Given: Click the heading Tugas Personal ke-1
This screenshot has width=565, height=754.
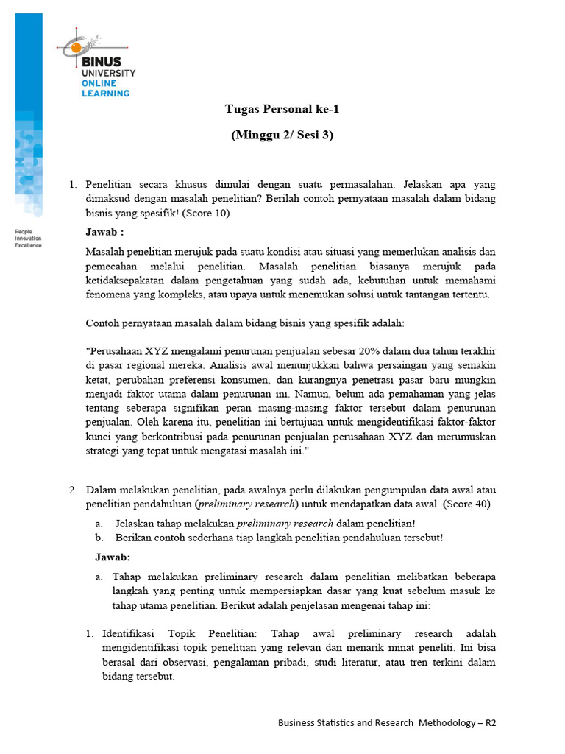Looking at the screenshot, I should [282, 109].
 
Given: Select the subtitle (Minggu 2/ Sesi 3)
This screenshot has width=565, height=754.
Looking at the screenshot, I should [282, 135].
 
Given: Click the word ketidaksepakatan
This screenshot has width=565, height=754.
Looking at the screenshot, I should [128, 281].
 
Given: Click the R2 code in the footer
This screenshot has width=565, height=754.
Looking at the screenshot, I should [490, 723].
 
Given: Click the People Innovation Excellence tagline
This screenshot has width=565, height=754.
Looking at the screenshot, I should [29, 238].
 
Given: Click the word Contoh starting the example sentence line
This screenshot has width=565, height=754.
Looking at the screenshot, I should [102, 323].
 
